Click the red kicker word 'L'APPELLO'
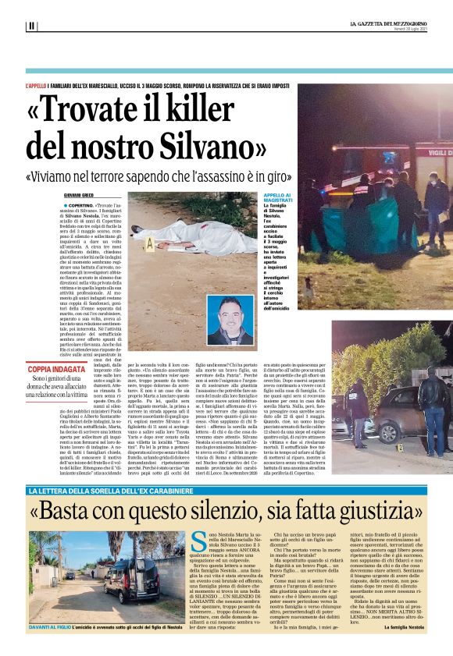point(36,84)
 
